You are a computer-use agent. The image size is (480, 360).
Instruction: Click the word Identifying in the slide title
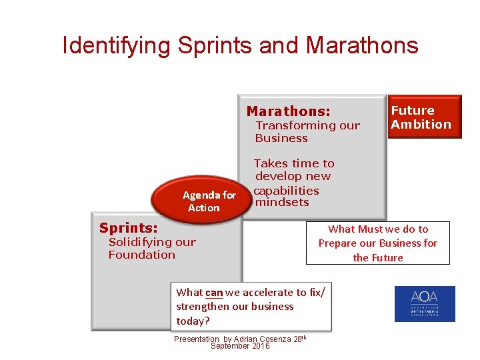116,45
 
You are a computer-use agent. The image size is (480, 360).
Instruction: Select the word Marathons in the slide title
362,45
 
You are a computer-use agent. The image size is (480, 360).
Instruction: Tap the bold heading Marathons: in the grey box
288,111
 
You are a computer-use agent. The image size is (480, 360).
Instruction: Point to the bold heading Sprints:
129,229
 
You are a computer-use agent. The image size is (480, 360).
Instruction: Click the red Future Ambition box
424,117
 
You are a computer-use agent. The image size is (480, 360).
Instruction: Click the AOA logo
425,304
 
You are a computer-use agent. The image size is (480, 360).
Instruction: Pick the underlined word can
214,292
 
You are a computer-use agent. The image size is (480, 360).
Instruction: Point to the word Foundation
141,255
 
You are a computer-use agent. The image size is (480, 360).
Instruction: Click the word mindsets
282,202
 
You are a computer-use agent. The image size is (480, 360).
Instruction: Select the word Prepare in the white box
337,243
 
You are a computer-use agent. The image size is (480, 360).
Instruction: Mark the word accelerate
267,292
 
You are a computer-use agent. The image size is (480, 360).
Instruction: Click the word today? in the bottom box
193,321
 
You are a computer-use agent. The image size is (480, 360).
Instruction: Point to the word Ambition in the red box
421,125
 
